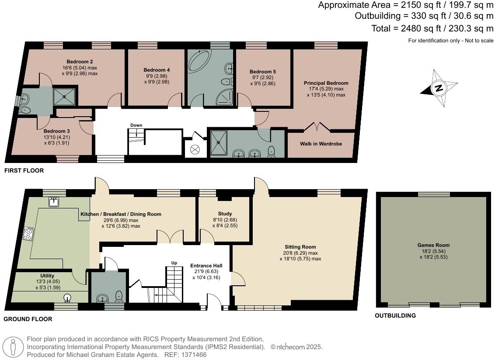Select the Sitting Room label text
pyautogui.click(x=300, y=247)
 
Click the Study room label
pyautogui.click(x=224, y=214)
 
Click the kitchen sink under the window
pyautogui.click(x=54, y=202)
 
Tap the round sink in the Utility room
pyautogui.click(x=67, y=298)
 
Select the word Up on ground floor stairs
pyautogui.click(x=174, y=263)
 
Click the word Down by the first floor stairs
pyautogui.click(x=136, y=125)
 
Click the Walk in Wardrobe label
pyautogui.click(x=321, y=144)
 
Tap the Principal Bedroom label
pyautogui.click(x=326, y=83)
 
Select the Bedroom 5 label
pyautogui.click(x=262, y=72)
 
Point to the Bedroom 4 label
pyautogui.click(x=157, y=70)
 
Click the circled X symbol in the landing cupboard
pyautogui.click(x=195, y=149)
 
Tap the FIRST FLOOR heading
pyautogui.click(x=24, y=170)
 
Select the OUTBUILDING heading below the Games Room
pyautogui.click(x=395, y=315)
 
